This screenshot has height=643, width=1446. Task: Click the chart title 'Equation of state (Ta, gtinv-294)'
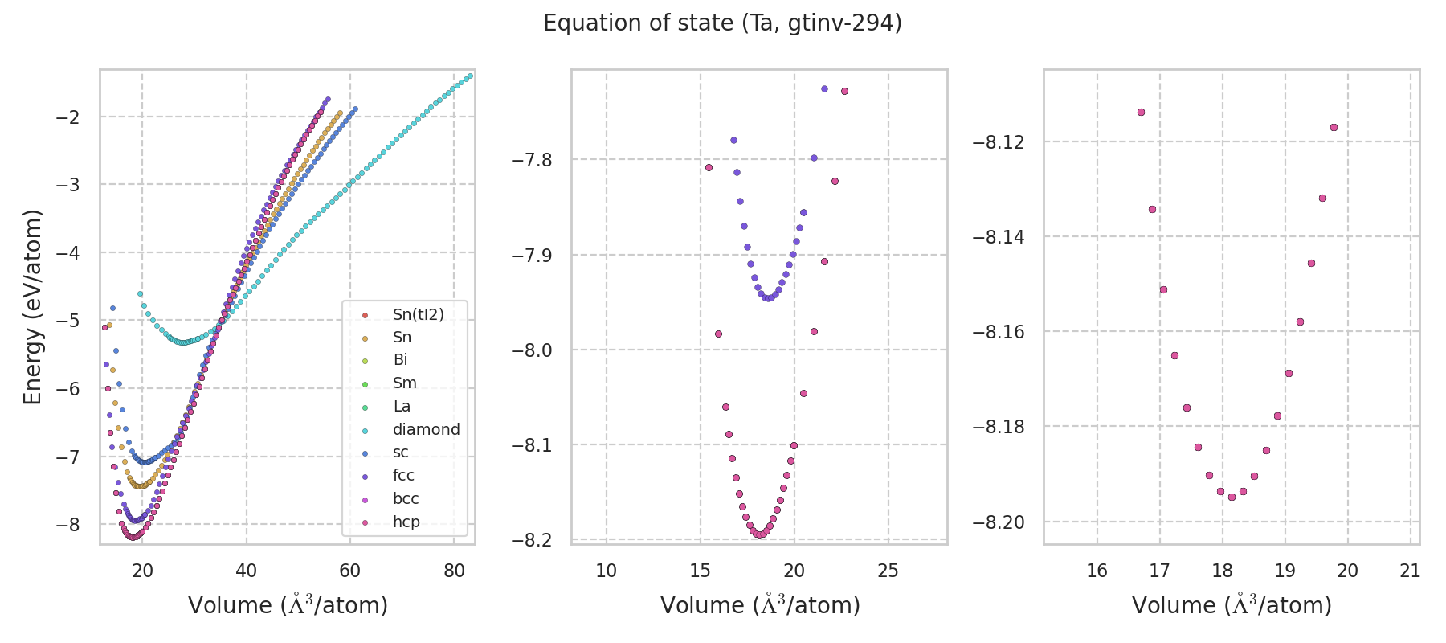pyautogui.click(x=722, y=23)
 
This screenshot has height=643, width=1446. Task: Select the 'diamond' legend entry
pyautogui.click(x=426, y=429)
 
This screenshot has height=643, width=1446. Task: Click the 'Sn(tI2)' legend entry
pyautogui.click(x=418, y=314)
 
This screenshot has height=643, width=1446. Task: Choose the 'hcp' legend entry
pyautogui.click(x=406, y=522)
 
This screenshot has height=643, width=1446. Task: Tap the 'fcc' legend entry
pyautogui.click(x=403, y=475)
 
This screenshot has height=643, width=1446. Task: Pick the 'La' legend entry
pyautogui.click(x=402, y=406)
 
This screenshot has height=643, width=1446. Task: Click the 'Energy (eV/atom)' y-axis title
pyautogui.click(x=32, y=306)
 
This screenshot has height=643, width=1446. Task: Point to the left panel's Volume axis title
pyautogui.click(x=288, y=605)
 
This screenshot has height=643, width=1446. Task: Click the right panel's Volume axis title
pyautogui.click(x=1232, y=605)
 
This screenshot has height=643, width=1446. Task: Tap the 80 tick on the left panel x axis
pyautogui.click(x=454, y=571)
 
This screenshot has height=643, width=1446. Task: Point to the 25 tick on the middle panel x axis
pyautogui.click(x=888, y=571)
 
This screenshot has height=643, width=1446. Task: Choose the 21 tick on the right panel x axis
pyautogui.click(x=1410, y=571)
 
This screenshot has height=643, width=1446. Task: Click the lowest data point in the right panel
pyautogui.click(x=1232, y=497)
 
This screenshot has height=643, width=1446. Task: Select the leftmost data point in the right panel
pyautogui.click(x=1141, y=112)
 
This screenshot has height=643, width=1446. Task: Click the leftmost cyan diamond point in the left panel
pyautogui.click(x=140, y=294)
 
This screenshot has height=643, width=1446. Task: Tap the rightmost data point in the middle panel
pyautogui.click(x=844, y=91)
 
